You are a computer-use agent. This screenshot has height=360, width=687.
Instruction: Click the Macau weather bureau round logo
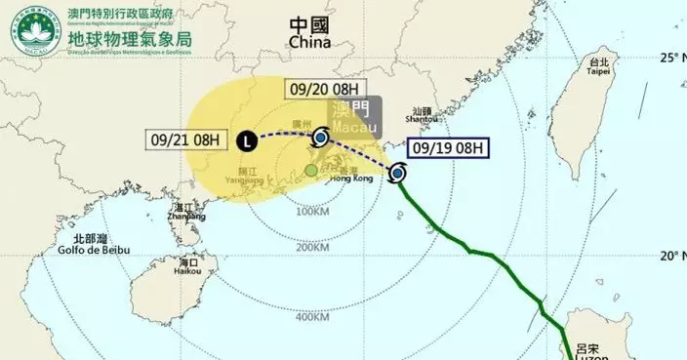(33, 32)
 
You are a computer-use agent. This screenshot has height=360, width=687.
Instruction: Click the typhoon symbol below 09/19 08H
(397, 175)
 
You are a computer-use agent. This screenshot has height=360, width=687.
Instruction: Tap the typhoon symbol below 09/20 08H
(320, 139)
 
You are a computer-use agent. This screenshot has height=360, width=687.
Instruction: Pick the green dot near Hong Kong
(310, 171)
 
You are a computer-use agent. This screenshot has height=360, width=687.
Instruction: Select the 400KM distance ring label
(312, 316)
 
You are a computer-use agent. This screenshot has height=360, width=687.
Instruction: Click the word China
(309, 44)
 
